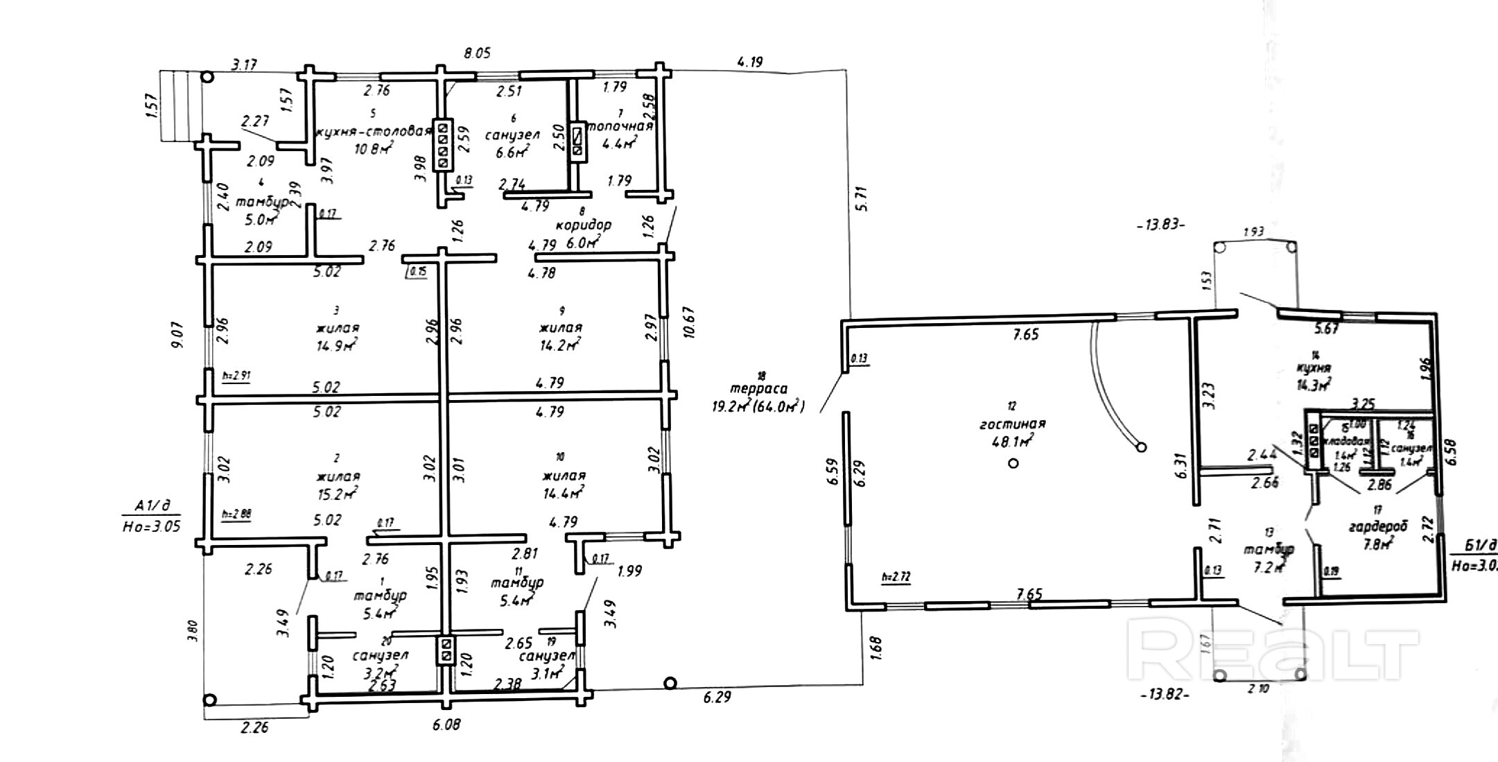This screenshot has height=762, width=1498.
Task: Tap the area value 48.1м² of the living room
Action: tap(1012, 440)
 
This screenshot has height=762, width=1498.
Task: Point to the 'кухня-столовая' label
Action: tap(374, 132)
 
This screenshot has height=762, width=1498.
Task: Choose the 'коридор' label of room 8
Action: tap(584, 225)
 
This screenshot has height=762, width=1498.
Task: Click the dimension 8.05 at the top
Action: tap(478, 53)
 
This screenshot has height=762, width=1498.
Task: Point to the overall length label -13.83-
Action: tap(1162, 225)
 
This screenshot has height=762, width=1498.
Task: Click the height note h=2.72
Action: tap(896, 577)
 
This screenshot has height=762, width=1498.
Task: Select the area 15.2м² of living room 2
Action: tap(338, 493)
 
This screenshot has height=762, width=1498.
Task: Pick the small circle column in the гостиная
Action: tap(1013, 463)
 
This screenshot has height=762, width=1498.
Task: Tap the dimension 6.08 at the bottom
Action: tap(446, 725)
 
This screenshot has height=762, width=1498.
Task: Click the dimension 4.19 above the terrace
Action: tap(749, 62)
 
